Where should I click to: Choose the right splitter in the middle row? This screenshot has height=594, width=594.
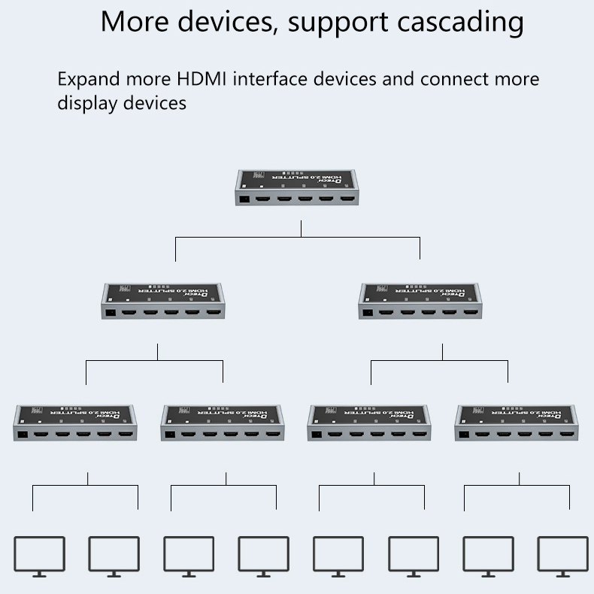pyautogui.click(x=420, y=301)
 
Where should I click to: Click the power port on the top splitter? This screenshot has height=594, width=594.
pyautogui.click(x=246, y=200)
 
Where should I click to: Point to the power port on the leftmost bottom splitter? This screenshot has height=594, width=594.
pyautogui.click(x=23, y=434)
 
